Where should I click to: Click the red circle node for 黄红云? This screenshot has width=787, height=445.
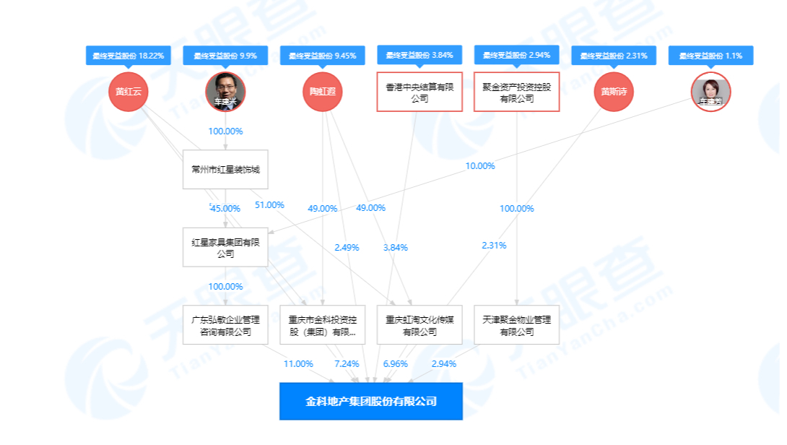pos(129,92)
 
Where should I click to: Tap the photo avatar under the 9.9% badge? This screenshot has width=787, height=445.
pos(225,92)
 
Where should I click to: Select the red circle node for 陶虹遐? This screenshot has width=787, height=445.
pos(322,92)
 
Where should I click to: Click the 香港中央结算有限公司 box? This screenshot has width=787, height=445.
pos(419,92)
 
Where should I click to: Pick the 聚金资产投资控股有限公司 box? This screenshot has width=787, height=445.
pos(516,92)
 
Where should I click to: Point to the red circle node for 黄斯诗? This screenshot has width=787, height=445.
pos(614,92)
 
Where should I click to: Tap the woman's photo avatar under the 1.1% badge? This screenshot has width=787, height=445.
pos(710,92)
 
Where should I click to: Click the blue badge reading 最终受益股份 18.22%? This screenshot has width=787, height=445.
pos(129,56)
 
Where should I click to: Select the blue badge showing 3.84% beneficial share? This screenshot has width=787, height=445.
pos(419,55)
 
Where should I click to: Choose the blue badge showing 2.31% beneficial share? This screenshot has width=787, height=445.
pos(614,56)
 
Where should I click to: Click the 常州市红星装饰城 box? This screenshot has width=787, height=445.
pos(225,170)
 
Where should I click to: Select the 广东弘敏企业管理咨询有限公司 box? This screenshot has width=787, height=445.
pos(225,325)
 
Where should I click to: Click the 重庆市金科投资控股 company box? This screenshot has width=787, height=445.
pos(322,325)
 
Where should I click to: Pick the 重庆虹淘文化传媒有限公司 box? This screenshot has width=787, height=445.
pos(419,325)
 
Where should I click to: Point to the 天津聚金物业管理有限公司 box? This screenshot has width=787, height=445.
pos(516,325)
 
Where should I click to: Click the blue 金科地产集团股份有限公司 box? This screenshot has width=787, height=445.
pos(370,401)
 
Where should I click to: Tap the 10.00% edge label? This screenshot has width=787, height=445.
pos(480,166)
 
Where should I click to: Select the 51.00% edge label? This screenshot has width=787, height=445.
pos(269,205)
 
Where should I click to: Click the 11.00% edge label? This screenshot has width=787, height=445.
pos(298,363)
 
